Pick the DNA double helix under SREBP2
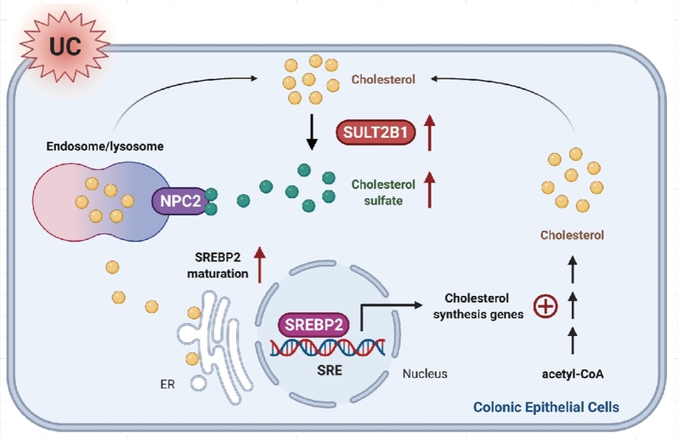pyautogui.click(x=327, y=346)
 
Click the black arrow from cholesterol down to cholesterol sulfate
pyautogui.click(x=311, y=134)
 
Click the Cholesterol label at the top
pyautogui.click(x=384, y=82)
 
